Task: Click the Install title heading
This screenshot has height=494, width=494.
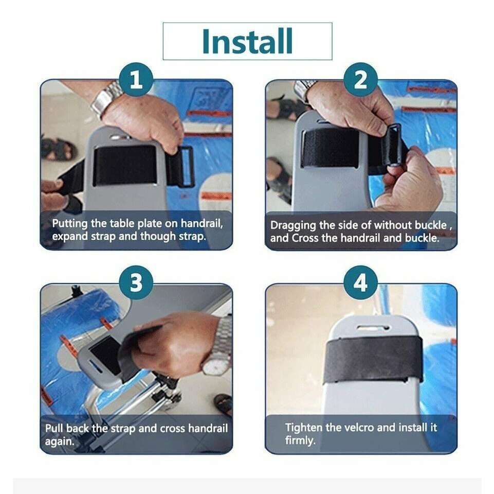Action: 247,41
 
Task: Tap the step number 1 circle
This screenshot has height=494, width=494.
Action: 136,79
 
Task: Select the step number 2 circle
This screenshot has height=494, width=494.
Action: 360,79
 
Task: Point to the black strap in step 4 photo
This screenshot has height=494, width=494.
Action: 373,358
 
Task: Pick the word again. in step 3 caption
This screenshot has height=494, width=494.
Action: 60,441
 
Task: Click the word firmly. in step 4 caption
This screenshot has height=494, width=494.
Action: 300,440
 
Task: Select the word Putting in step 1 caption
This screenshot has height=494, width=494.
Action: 69,224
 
